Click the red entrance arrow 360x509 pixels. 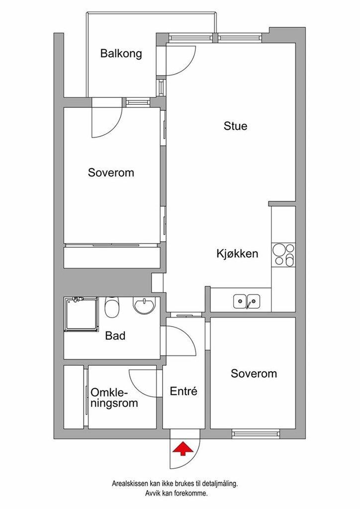183,448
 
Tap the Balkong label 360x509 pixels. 121,53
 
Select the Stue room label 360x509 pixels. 235,126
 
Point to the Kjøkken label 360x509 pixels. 237,254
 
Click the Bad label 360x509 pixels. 115,336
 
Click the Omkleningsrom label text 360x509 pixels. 114,398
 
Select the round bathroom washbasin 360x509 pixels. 144,306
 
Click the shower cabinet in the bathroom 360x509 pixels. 81,314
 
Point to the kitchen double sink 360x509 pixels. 247,301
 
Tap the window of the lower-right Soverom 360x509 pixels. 256,433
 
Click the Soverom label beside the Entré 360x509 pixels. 254,374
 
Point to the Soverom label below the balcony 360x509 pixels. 111,172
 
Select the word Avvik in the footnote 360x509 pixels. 152,494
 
